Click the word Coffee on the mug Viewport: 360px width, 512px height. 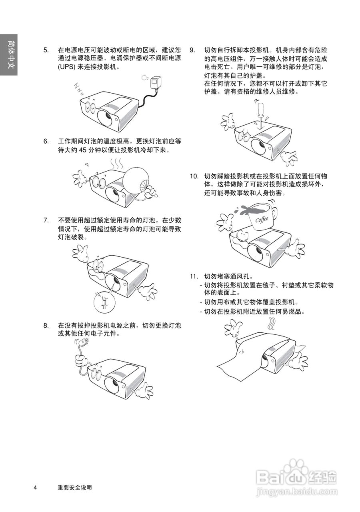(262, 219)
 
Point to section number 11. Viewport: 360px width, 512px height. (194, 276)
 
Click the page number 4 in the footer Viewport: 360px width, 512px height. (36, 487)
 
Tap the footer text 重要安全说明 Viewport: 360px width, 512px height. (75, 487)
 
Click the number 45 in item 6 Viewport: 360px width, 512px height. (83, 150)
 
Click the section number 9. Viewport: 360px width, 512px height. (192, 50)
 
